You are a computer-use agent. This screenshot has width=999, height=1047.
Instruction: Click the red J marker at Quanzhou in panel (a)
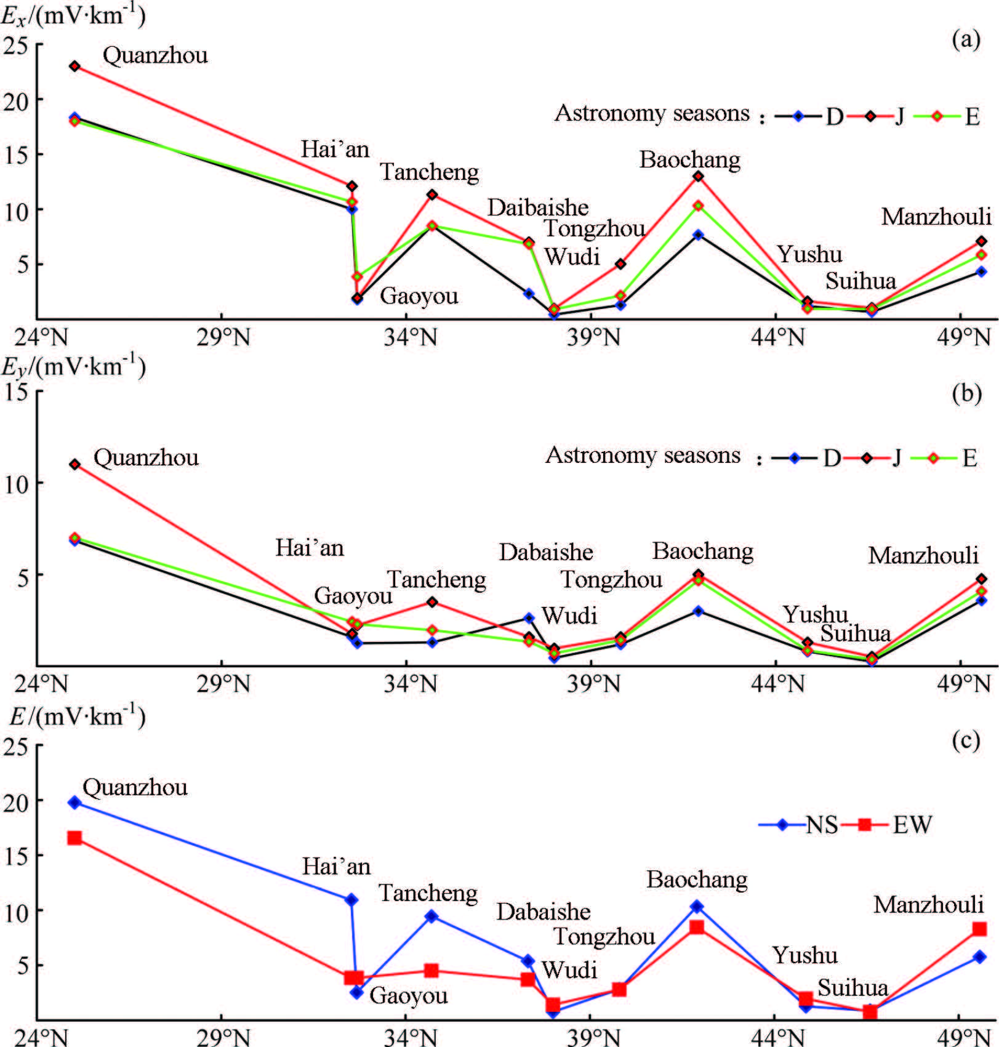click(x=74, y=66)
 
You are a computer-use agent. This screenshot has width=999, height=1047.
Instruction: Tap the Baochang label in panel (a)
click(x=689, y=159)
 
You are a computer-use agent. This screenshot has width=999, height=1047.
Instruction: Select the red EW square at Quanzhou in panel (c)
click(x=74, y=838)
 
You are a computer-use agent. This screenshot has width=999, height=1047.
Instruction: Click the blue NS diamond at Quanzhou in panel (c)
click(x=74, y=803)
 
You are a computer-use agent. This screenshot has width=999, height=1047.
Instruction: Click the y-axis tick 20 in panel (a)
click(x=16, y=100)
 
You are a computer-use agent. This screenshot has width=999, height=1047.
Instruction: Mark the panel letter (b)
click(x=966, y=393)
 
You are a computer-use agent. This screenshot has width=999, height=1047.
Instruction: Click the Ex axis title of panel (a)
click(x=73, y=16)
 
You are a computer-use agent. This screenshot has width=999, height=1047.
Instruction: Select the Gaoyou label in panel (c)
click(x=408, y=995)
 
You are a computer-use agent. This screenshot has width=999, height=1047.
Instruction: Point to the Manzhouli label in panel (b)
click(x=923, y=555)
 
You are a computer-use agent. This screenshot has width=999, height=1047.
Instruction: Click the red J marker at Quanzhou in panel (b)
click(x=74, y=464)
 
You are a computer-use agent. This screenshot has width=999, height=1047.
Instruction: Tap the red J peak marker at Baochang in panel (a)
click(x=698, y=176)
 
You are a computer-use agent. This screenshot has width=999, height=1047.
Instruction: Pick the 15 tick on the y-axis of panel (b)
click(x=16, y=391)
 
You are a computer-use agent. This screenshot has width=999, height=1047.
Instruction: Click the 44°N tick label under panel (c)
click(x=777, y=1038)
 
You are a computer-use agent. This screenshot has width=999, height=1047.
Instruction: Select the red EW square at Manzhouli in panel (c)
click(x=979, y=929)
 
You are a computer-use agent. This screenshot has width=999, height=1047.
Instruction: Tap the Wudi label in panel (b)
click(x=569, y=616)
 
